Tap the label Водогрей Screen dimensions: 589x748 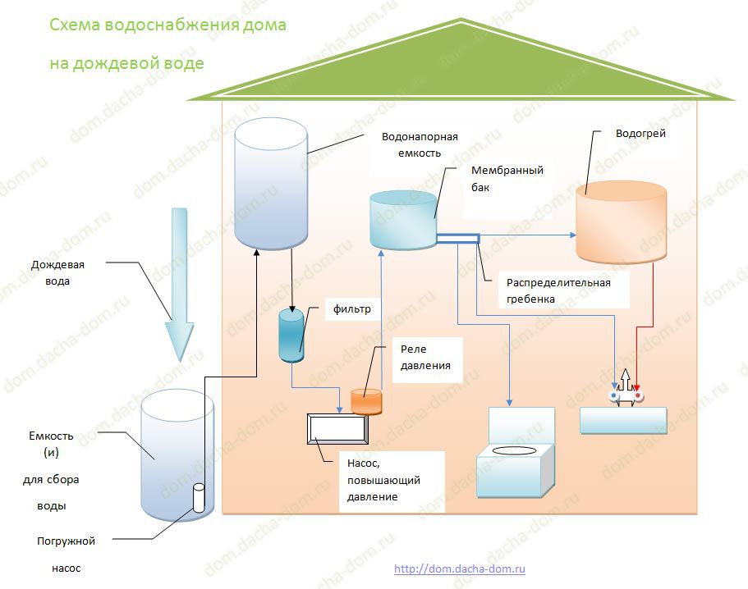(x=640, y=134)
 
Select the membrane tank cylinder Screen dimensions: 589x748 (x=403, y=220)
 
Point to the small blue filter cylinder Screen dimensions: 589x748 (x=291, y=335)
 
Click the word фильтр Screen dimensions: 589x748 (x=352, y=310)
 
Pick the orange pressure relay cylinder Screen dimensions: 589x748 (x=367, y=400)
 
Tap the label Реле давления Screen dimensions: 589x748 (x=425, y=357)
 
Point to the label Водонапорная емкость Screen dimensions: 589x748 (x=420, y=145)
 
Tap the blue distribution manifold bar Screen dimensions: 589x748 (x=457, y=239)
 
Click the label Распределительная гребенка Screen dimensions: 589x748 (x=558, y=291)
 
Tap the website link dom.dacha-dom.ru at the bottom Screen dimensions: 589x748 (x=460, y=568)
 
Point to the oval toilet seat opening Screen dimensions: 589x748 (x=521, y=450)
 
